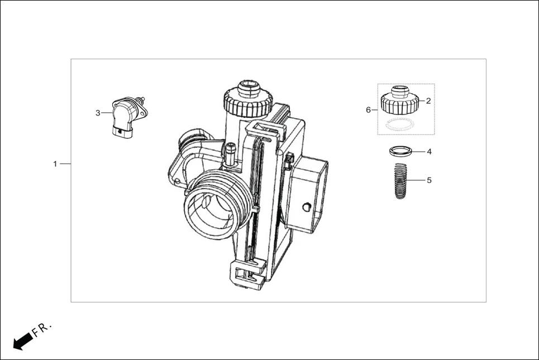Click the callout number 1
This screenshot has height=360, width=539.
tap(55, 164)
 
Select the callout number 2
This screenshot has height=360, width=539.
tap(428, 101)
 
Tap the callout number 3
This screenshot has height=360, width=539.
tap(98, 113)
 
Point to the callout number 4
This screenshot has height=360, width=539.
tap(429, 151)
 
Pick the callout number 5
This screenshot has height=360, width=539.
tap(429, 180)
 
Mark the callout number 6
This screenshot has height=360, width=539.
tap(368, 110)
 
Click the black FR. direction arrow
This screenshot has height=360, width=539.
tap(22, 340)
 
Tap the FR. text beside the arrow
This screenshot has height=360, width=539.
tap(42, 329)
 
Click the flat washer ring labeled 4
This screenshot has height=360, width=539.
tap(402, 151)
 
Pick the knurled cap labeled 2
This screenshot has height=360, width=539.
tap(399, 100)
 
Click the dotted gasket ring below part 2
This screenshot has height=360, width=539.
tap(400, 124)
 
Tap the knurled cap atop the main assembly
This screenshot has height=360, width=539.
tap(247, 99)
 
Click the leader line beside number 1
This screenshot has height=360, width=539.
tap(65, 164)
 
